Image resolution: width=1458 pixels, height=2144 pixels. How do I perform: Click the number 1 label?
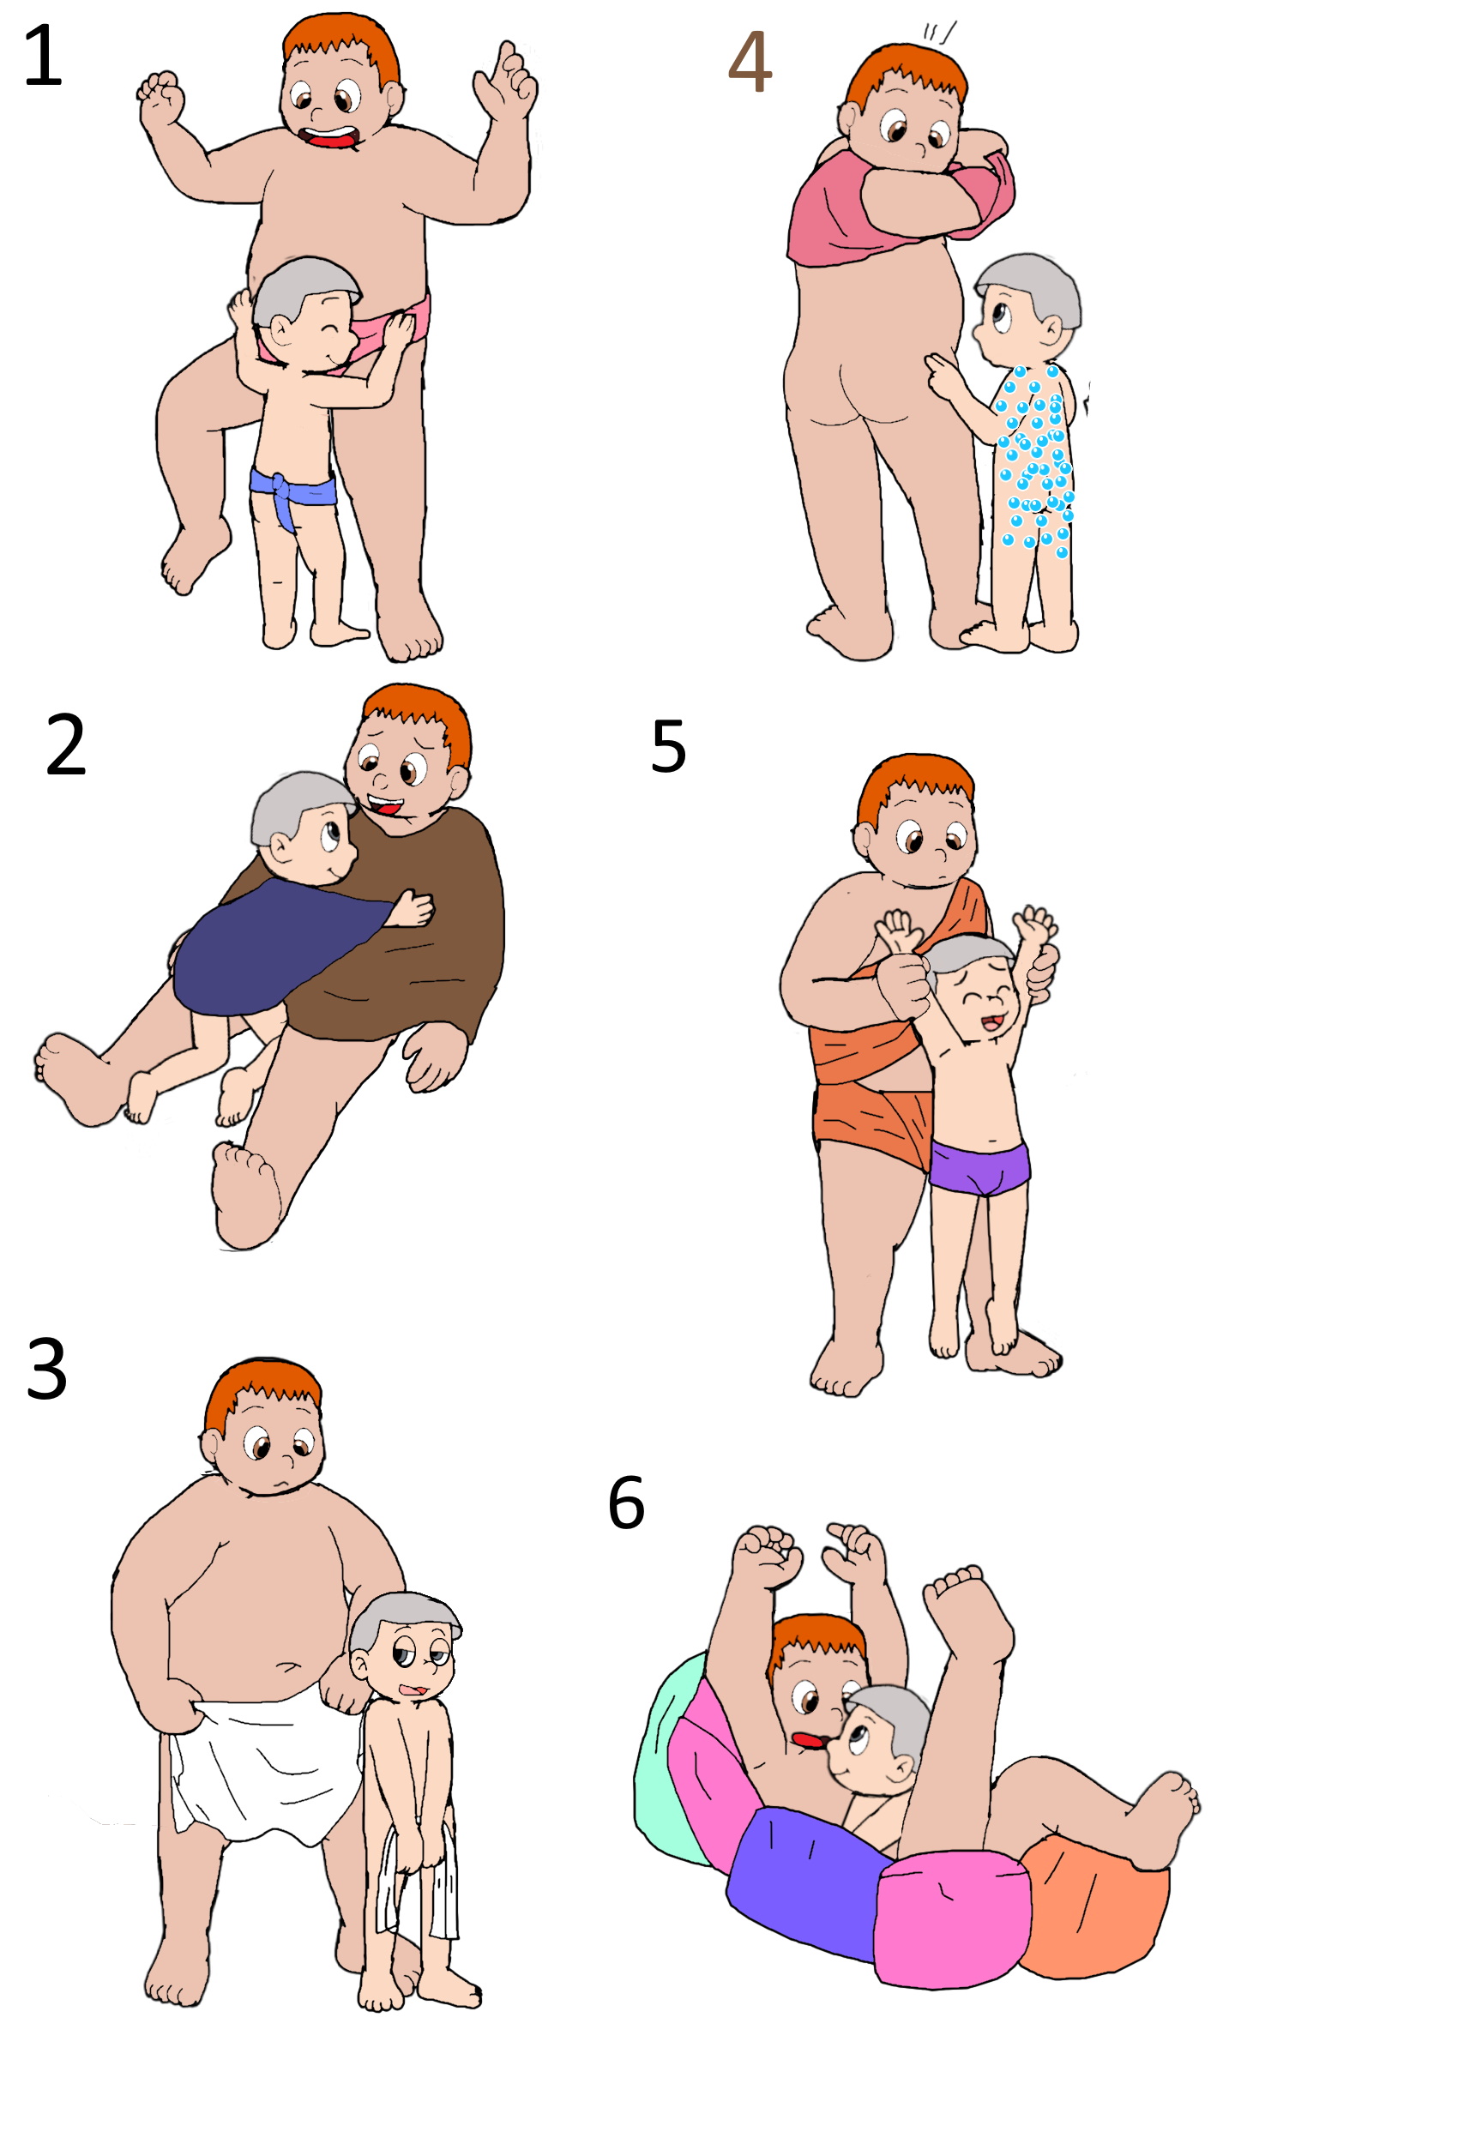pos(44,57)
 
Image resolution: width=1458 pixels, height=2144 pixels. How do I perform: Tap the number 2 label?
pos(65,744)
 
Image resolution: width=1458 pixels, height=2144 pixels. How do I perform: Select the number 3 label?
pos(47,1369)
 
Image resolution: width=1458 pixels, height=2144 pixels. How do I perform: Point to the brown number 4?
pos(750,61)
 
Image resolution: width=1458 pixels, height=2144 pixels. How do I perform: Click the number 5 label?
pos(668,746)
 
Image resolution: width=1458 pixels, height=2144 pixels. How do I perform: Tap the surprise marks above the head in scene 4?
pos(939,33)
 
